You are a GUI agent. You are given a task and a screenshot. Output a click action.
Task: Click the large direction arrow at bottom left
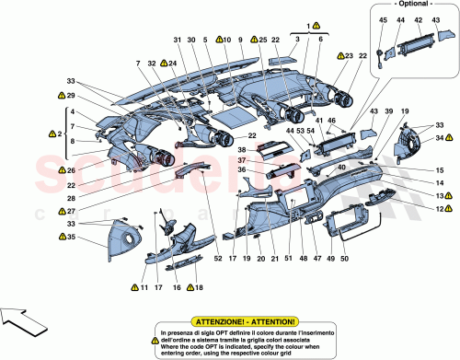25,327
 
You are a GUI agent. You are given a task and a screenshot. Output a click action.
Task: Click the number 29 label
60,95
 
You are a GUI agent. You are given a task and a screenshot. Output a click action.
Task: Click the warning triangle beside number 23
338,56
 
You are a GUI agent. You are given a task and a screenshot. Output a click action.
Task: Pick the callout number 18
198,288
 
